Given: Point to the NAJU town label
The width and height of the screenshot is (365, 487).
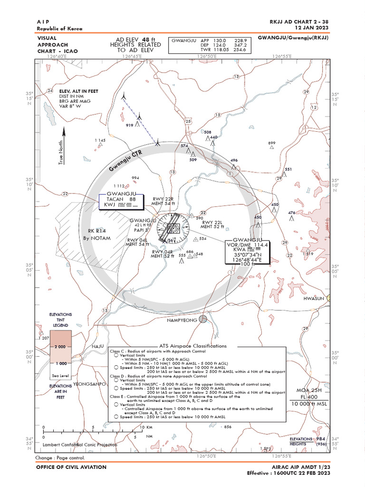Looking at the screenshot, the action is pyautogui.click(x=98, y=346).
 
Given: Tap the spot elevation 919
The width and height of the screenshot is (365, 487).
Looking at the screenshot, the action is pyautogui.click(x=129, y=126).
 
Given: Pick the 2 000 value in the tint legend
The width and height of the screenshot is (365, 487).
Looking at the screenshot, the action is pyautogui.click(x=60, y=347).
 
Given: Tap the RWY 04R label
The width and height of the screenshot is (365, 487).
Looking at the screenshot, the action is pyautogui.click(x=163, y=252).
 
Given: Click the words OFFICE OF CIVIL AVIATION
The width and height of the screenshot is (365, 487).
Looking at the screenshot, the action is pyautogui.click(x=71, y=467).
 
